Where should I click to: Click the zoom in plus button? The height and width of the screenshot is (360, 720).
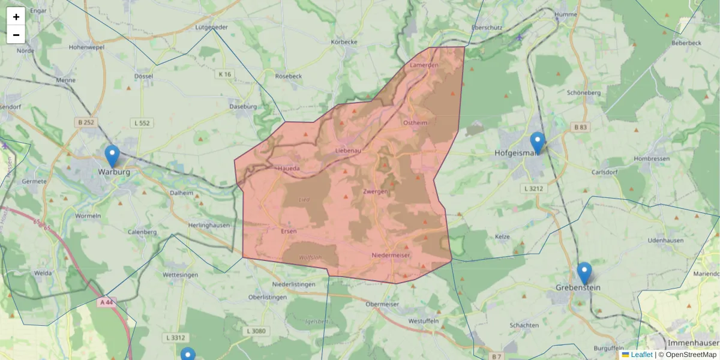pos(16,17)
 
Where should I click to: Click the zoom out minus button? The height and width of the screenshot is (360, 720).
pos(16,35)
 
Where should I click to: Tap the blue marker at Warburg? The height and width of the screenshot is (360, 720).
pos(112,156)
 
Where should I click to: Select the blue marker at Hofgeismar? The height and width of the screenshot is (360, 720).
pos(537,143)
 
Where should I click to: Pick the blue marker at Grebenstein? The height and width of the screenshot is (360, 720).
pos(584,273)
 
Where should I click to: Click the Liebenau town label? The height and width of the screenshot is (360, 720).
pos(348,151)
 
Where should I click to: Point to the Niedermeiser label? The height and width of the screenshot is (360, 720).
pos(391,255)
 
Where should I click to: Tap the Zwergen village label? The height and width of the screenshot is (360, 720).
pos(376,191)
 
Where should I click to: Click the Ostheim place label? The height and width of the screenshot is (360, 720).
pos(415,122)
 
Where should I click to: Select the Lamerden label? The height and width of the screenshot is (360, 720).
pos(424,64)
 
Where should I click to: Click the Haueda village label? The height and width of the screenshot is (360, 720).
pos(288,169)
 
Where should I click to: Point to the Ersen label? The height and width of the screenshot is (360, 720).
pos(289,231)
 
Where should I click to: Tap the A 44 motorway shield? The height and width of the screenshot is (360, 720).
pos(106,302)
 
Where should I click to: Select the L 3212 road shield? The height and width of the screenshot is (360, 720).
pos(533,188)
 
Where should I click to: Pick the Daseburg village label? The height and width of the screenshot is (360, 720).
pos(243,107)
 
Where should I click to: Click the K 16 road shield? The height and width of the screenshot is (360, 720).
pos(225,74)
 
